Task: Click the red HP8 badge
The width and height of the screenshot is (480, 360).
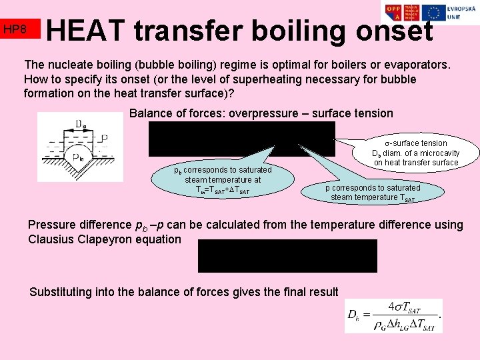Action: (20, 29)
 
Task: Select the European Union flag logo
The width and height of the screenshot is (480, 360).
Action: (434, 12)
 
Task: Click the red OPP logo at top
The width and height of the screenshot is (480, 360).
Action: (394, 13)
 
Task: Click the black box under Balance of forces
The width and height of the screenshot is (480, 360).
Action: (241, 139)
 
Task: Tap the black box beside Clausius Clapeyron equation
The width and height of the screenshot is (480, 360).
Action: (287, 256)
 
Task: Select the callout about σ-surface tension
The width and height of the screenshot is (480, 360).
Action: (416, 153)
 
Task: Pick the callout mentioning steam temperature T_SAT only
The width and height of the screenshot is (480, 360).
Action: (373, 193)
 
